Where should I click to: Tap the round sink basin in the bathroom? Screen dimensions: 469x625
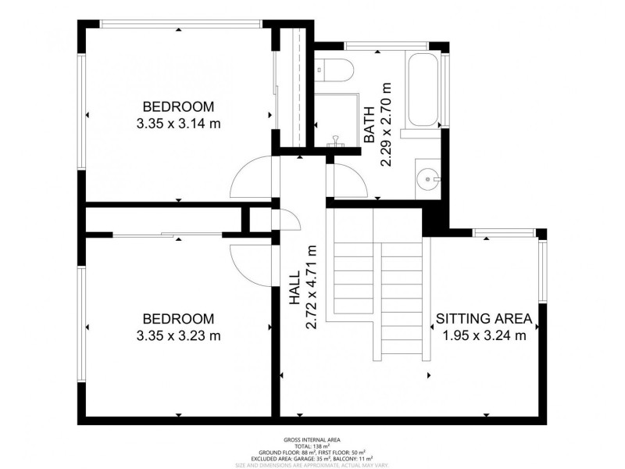tap(429, 178)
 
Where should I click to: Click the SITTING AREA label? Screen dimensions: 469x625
tap(484, 319)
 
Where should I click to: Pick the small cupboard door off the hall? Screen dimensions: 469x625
tap(287, 220)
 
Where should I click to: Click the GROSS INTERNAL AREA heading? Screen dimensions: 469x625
tap(312, 441)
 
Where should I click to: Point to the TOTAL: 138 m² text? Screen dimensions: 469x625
tap(312, 447)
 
